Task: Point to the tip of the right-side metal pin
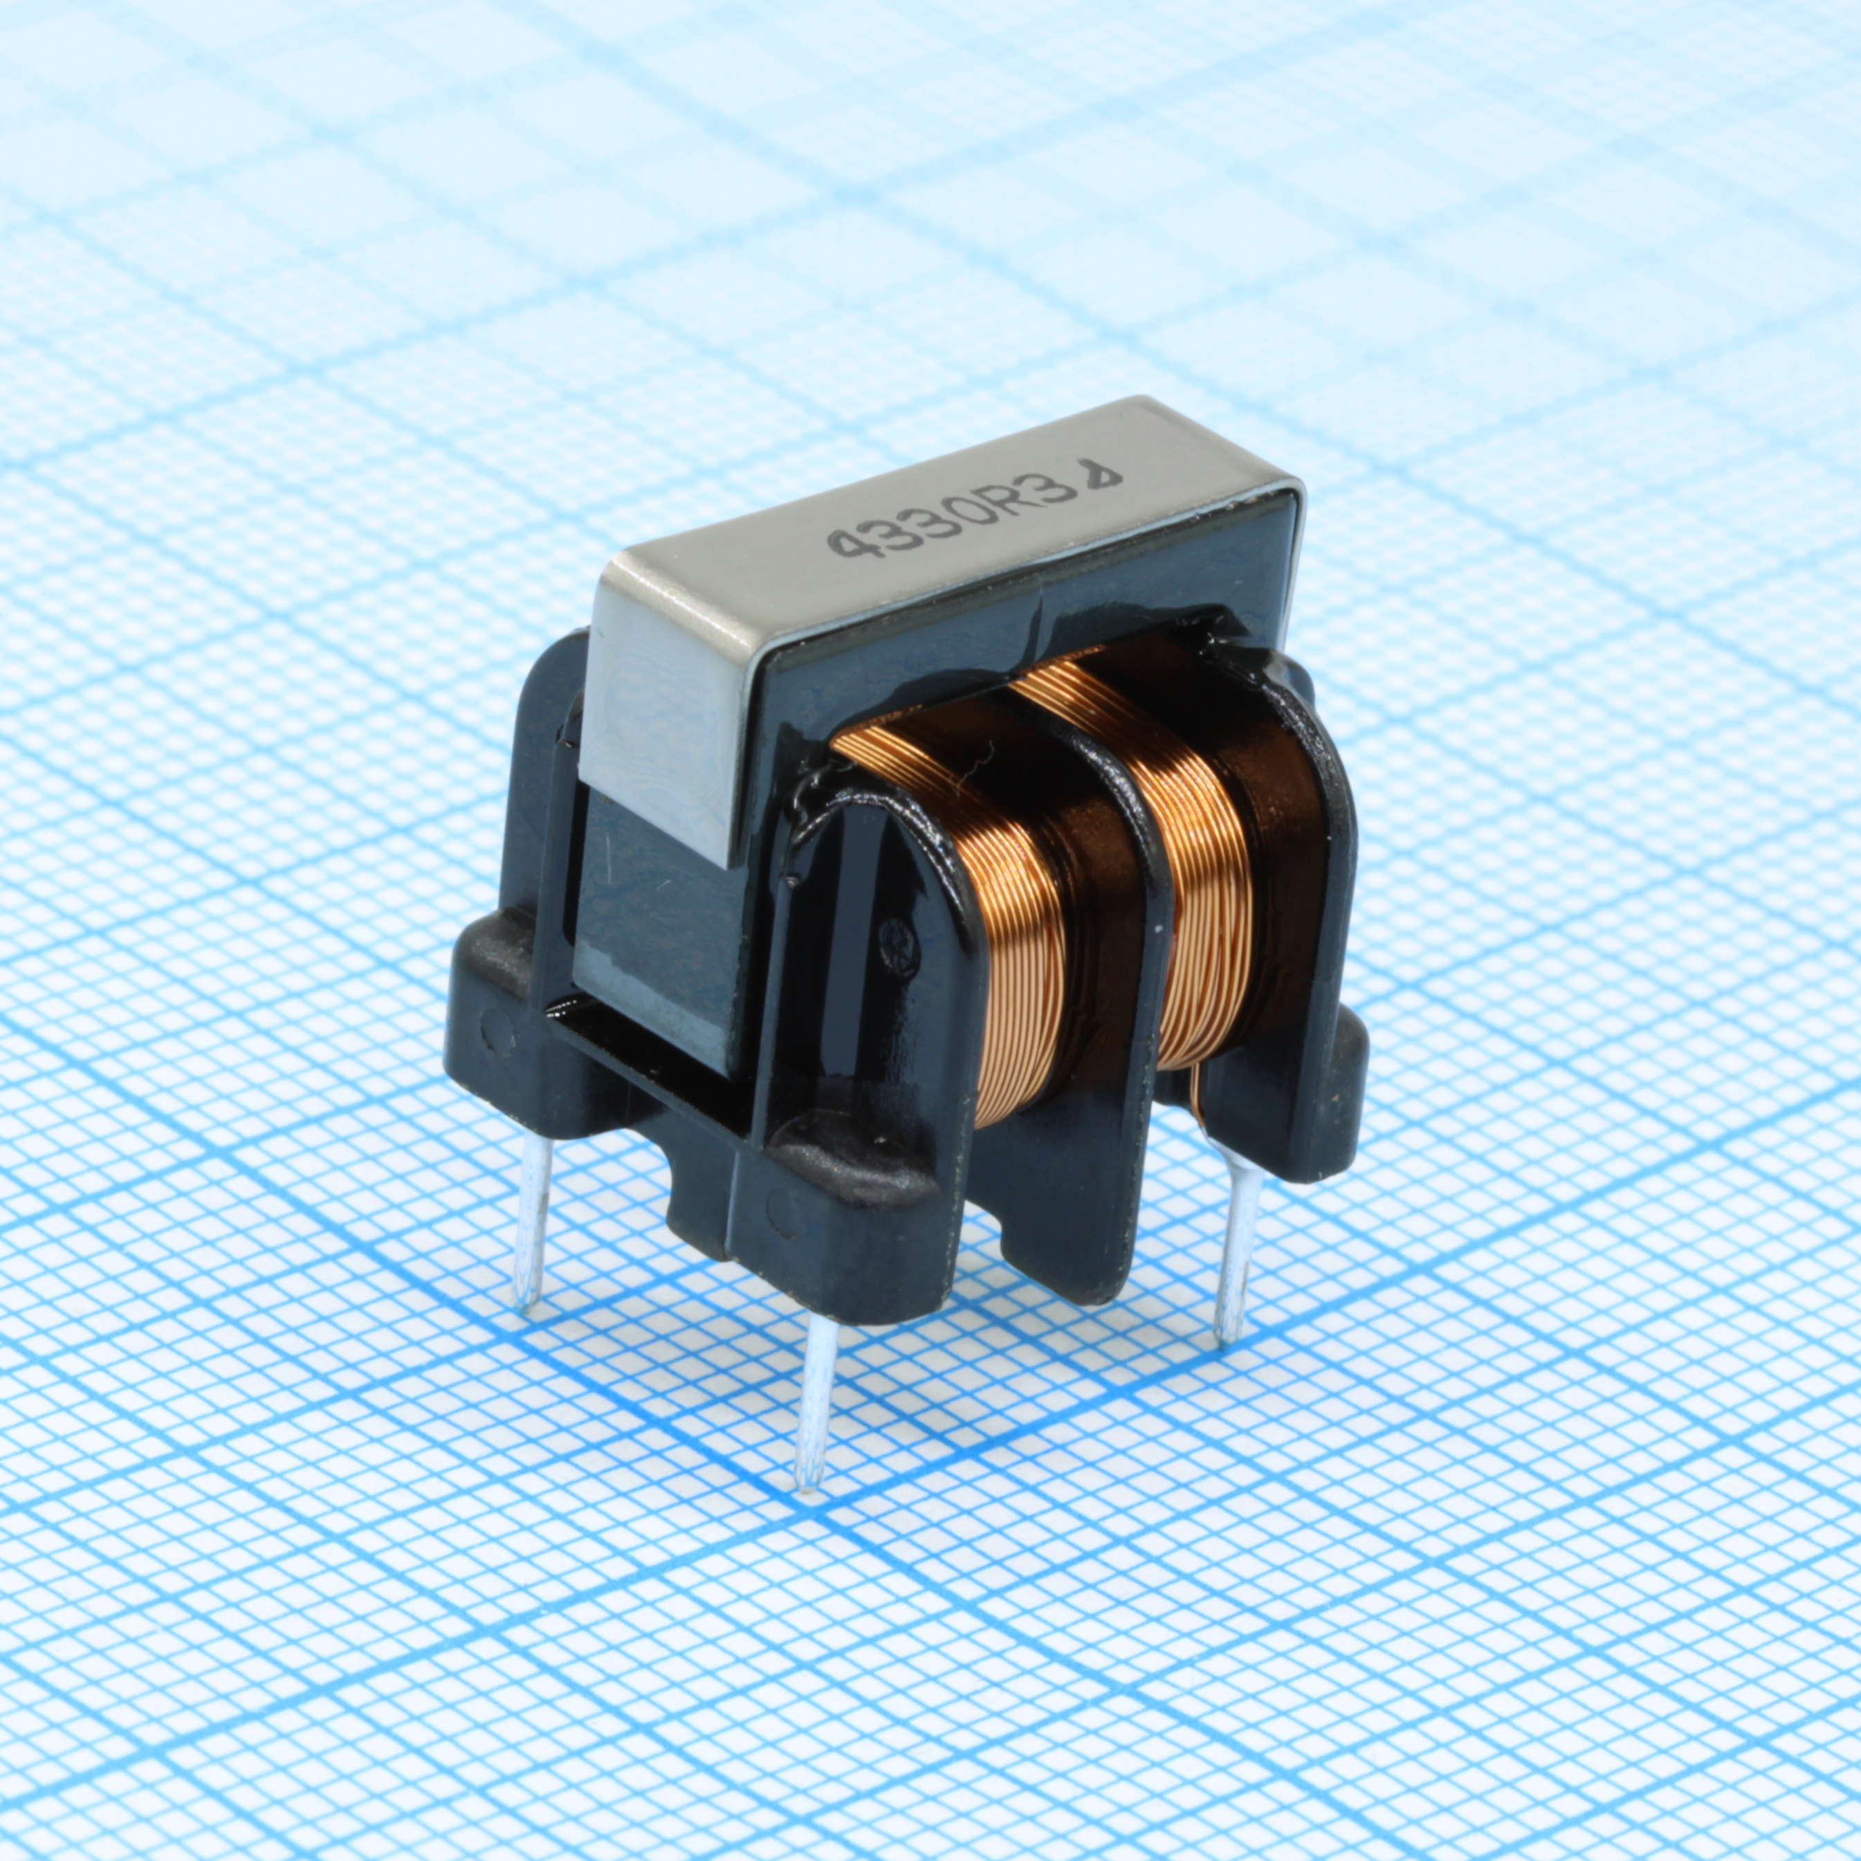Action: point(1225,1338)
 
